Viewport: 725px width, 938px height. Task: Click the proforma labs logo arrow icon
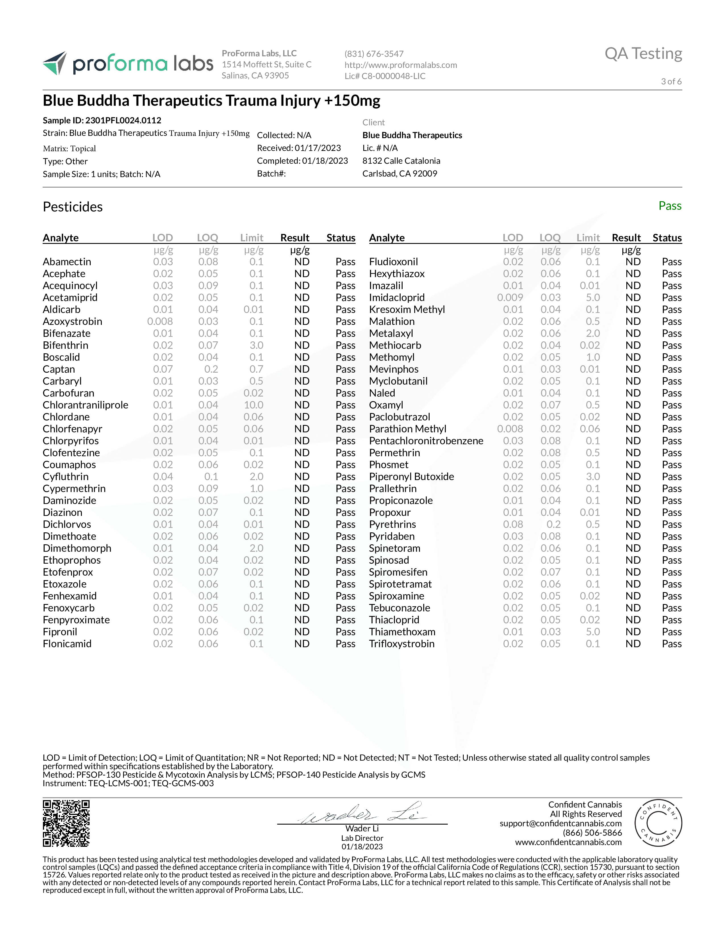tap(55, 63)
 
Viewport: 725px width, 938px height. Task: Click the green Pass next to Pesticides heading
tap(670, 206)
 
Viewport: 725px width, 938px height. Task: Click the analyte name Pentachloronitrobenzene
tap(426, 441)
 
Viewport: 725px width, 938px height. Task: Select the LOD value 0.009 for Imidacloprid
tap(510, 298)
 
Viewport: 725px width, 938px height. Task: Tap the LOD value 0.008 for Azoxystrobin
tap(160, 322)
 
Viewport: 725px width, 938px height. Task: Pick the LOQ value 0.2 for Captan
tap(211, 369)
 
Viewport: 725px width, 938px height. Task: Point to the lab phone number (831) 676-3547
tap(374, 54)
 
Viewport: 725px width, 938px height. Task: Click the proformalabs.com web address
tap(400, 65)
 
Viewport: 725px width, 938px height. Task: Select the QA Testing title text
tap(643, 54)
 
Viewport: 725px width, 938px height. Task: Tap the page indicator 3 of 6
tap(671, 82)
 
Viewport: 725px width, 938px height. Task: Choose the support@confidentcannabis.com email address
tap(560, 823)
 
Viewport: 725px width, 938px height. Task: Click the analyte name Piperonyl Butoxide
tap(411, 477)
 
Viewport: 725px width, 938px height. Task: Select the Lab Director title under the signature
tap(362, 838)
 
